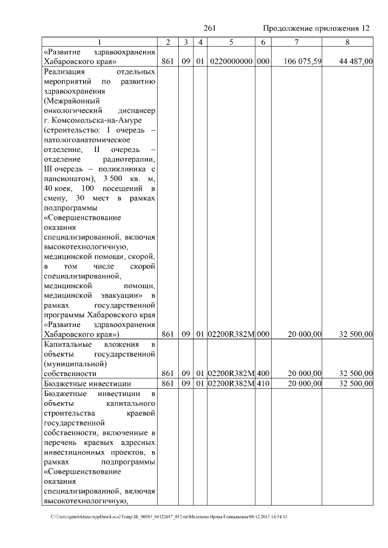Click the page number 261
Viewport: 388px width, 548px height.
(x=210, y=28)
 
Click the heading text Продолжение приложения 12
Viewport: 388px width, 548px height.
(x=316, y=28)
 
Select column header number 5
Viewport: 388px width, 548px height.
(x=232, y=42)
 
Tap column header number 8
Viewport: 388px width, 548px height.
(x=347, y=42)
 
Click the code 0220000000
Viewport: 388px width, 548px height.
(x=232, y=62)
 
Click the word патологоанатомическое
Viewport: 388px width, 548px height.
(x=88, y=140)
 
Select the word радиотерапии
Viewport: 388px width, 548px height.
(x=132, y=159)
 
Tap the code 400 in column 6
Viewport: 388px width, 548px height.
(x=263, y=374)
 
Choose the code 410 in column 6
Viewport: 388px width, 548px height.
(x=263, y=384)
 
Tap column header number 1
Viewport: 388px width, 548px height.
(x=99, y=42)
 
